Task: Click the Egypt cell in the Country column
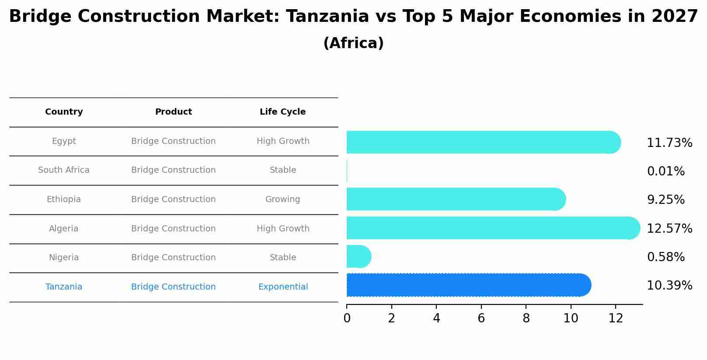tap(64, 141)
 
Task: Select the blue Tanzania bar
tap(468, 285)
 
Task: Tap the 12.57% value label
tap(669, 229)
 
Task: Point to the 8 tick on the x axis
tap(526, 318)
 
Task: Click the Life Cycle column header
tap(282, 112)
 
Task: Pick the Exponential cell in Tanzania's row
tap(283, 287)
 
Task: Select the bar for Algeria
tap(492, 228)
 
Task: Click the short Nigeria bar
tap(358, 256)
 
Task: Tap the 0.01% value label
tap(665, 171)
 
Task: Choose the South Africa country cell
tap(64, 170)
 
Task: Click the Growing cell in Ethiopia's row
tap(282, 199)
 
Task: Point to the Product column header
tap(173, 112)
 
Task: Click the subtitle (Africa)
tap(353, 43)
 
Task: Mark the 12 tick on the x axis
tap(616, 318)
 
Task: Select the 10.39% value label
tap(669, 286)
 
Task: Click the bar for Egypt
tap(483, 142)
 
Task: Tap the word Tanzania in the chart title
tap(327, 17)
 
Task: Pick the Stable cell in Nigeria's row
tap(282, 258)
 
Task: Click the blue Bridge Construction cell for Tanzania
tap(173, 287)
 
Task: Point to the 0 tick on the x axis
tap(347, 318)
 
